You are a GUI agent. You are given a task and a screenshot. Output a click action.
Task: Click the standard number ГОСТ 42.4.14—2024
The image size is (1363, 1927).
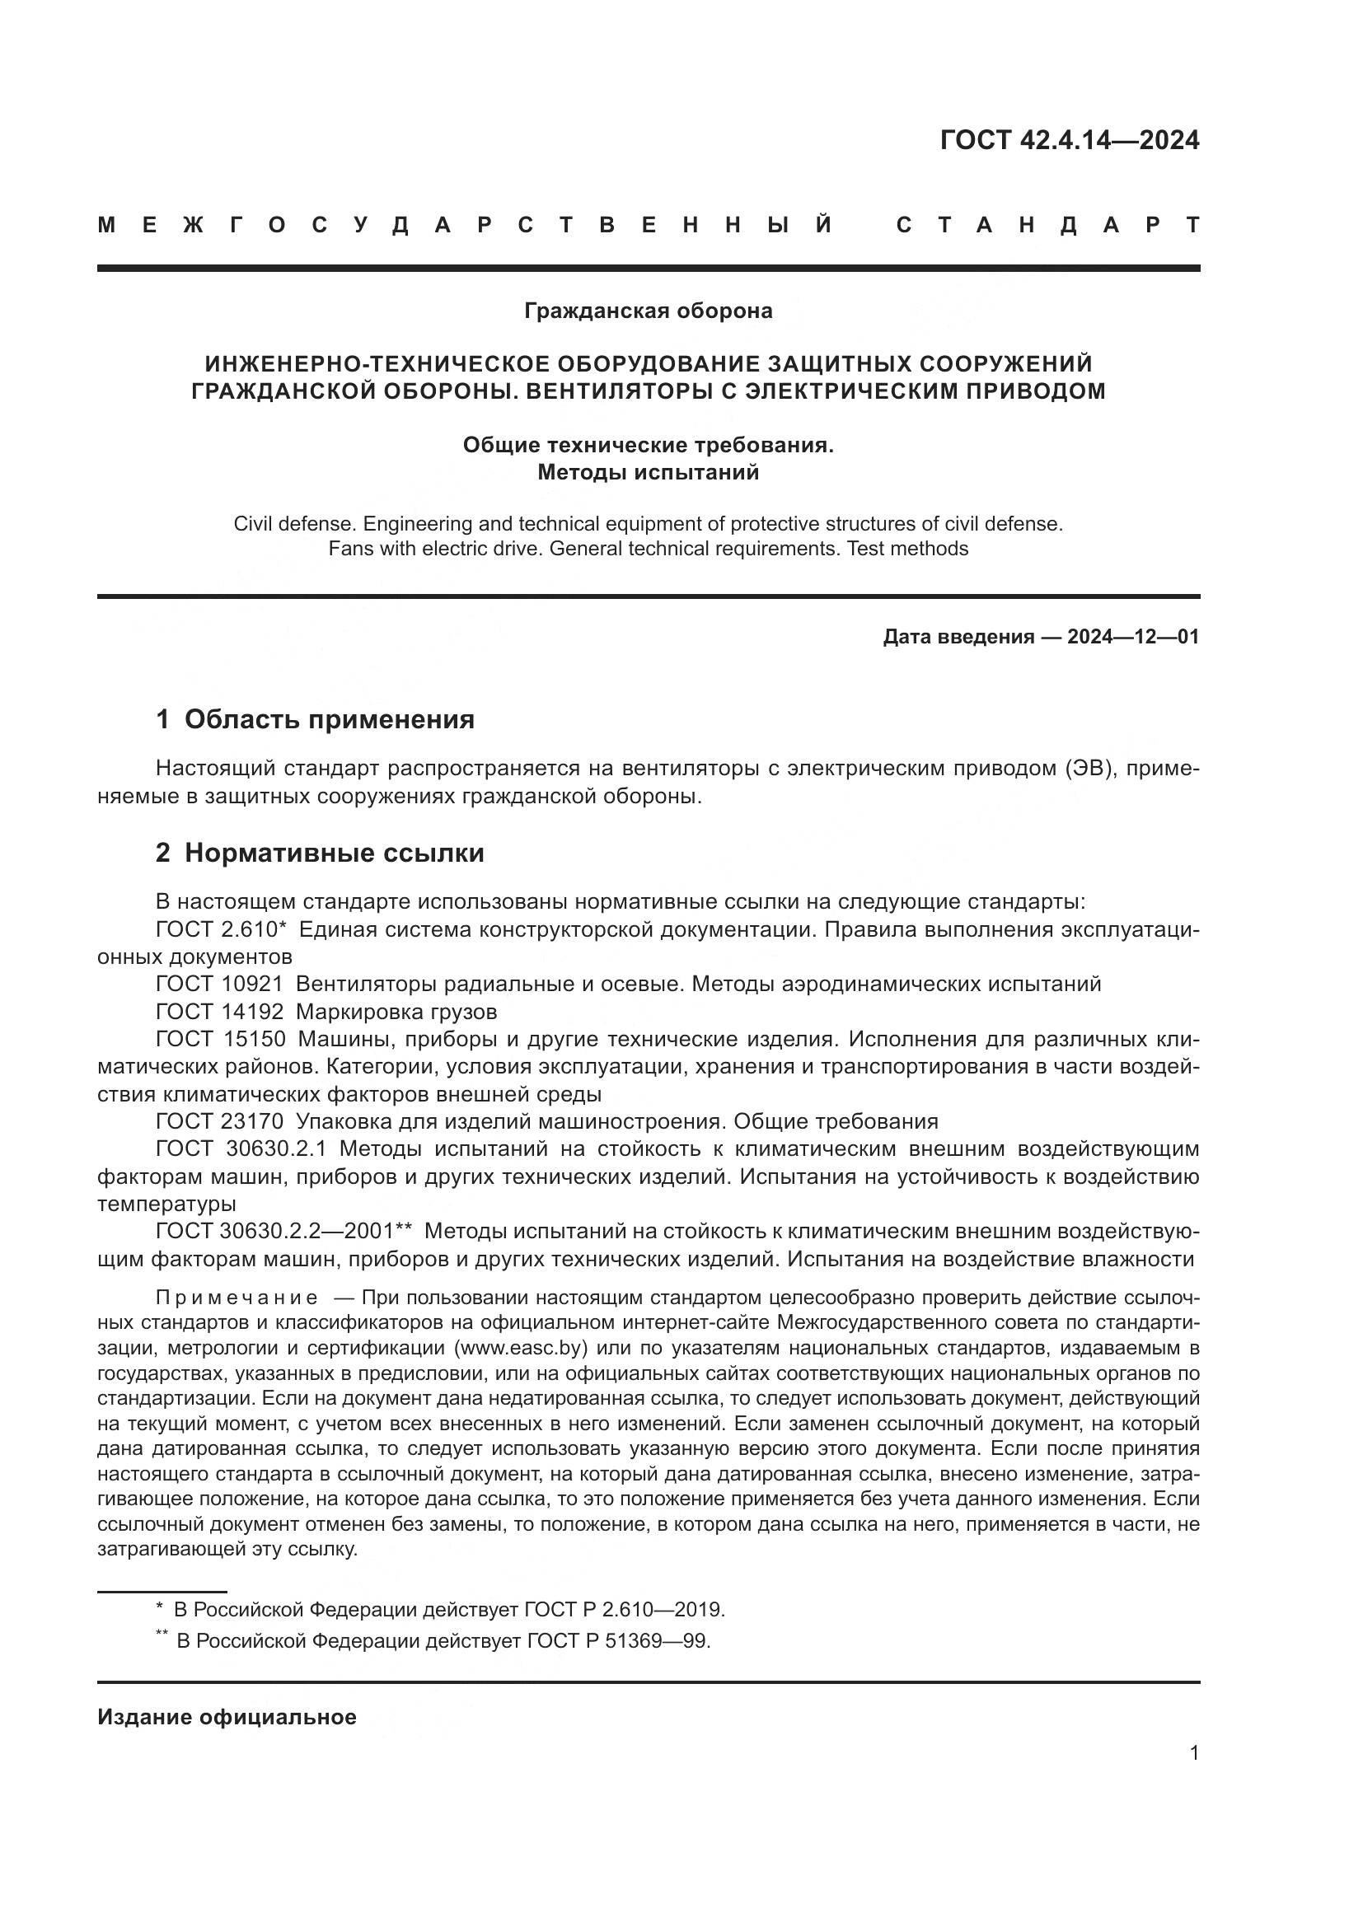[x=1070, y=140]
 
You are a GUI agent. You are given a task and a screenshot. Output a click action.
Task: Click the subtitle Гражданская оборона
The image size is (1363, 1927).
[x=648, y=311]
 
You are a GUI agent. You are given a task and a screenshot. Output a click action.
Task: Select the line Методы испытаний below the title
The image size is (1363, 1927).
[x=648, y=472]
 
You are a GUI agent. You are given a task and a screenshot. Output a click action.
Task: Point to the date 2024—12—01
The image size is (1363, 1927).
[x=1133, y=636]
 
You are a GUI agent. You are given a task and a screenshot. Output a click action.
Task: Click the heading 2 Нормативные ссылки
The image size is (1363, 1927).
[x=320, y=853]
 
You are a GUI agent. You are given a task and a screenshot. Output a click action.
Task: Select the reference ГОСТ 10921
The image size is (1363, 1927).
[x=220, y=984]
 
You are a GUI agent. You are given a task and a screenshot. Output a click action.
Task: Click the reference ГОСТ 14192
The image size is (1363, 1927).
[x=220, y=1012]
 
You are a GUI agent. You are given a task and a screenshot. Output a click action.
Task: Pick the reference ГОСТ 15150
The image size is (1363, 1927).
[x=220, y=1039]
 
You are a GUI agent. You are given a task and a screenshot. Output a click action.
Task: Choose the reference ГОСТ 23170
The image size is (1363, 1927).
[x=220, y=1121]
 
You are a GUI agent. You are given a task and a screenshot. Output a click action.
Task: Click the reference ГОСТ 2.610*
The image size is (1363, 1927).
[x=222, y=929]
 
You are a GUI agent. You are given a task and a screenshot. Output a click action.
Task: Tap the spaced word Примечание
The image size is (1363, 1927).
[x=237, y=1298]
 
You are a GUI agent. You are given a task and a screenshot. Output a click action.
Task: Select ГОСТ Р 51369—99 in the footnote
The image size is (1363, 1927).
[x=619, y=1641]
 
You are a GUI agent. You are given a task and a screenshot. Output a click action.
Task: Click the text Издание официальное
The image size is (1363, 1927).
[x=227, y=1717]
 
